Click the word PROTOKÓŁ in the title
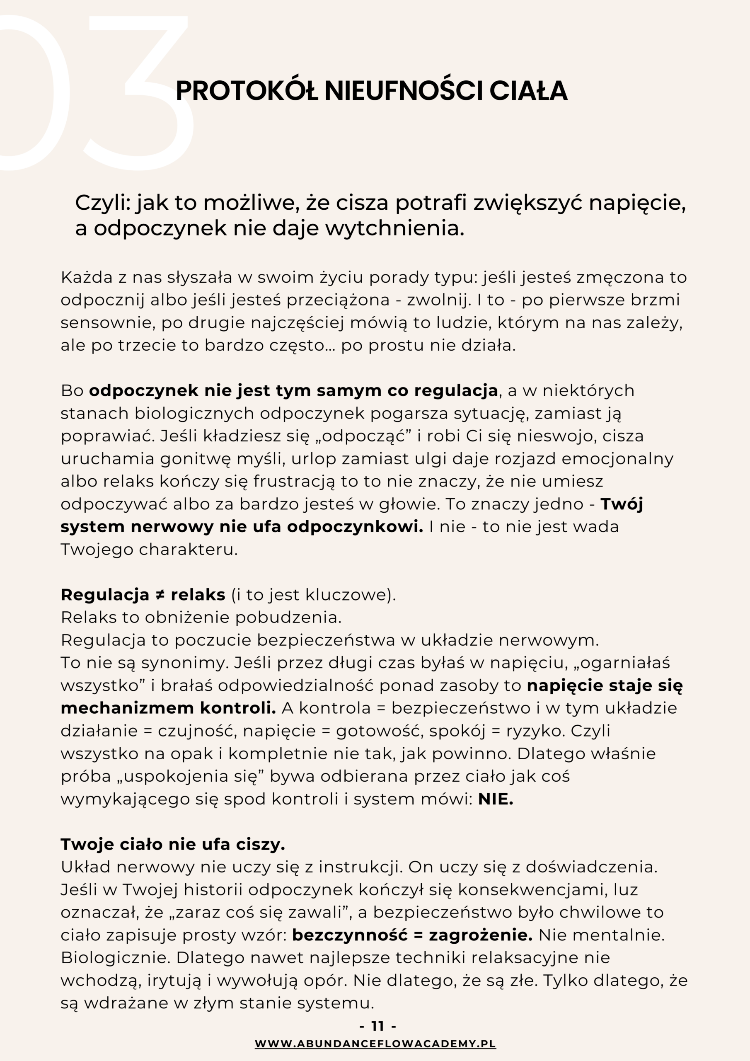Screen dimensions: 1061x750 (247, 91)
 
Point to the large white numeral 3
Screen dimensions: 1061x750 (139, 92)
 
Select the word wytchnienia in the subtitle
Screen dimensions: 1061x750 (394, 228)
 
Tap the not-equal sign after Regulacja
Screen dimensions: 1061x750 (160, 595)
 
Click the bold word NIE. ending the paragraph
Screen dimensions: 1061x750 (496, 799)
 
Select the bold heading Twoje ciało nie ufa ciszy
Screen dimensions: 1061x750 (173, 845)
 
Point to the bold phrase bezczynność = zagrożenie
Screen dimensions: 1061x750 (412, 935)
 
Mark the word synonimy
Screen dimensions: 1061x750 (185, 663)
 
